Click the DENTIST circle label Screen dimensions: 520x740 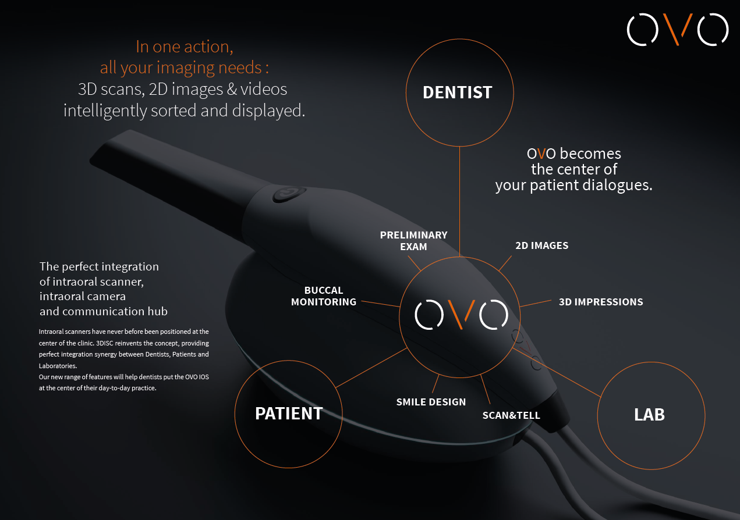tap(458, 92)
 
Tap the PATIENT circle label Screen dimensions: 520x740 tap(289, 414)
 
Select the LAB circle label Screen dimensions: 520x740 tap(649, 415)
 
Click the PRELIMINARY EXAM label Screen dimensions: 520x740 tap(413, 241)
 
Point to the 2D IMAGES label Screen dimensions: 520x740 tap(541, 245)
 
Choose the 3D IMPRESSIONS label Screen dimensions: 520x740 tap(601, 302)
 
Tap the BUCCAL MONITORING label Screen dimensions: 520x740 tap(324, 296)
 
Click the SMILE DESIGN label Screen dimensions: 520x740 tap(431, 402)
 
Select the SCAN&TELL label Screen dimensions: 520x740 tap(511, 415)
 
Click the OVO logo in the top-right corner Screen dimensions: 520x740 tap(677, 29)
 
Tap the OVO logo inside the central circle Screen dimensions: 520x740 tap(461, 314)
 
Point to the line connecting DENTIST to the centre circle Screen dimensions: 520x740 tap(460, 198)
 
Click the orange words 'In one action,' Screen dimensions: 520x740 tap(184, 47)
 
